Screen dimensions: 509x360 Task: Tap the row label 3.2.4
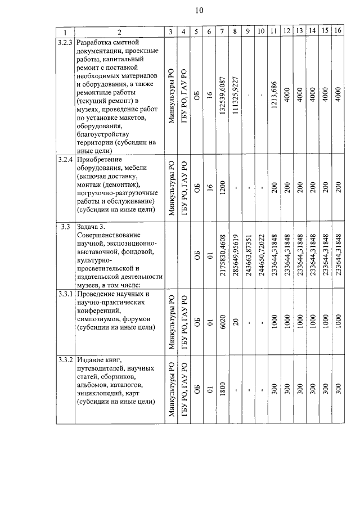pos(66,160)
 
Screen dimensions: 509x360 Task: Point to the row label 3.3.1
pos(66,294)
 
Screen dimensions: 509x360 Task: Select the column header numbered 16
pos(337,31)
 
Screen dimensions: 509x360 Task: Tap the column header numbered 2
pos(119,31)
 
